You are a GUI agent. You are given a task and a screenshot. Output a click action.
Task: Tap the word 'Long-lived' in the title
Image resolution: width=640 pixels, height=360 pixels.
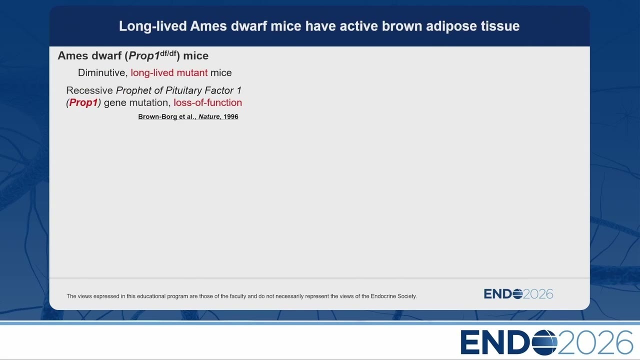pos(153,26)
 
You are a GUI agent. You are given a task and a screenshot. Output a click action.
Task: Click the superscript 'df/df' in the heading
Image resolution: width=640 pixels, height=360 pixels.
pos(168,53)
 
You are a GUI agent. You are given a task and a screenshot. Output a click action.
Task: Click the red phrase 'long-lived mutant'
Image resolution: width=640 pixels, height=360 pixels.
pos(169,73)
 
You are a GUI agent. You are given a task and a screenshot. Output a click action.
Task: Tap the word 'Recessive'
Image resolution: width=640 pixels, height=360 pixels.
pos(89,90)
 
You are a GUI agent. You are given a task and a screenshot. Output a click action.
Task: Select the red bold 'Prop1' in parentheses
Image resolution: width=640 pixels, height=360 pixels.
pos(83,102)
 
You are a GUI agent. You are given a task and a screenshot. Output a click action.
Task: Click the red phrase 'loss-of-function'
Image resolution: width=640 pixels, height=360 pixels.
pos(207,102)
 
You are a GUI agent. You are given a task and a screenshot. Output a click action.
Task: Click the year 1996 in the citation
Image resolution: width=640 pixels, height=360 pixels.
pos(231,116)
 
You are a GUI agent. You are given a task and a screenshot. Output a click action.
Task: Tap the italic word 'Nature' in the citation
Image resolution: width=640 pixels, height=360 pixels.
pos(209,116)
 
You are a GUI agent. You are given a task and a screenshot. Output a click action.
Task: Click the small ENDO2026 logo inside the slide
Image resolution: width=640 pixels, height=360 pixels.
pos(518,294)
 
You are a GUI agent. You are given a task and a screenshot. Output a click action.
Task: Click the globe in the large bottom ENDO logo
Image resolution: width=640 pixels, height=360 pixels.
pos(544,342)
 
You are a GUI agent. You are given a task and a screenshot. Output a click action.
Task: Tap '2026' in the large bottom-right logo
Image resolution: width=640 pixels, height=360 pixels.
pos(595,342)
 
